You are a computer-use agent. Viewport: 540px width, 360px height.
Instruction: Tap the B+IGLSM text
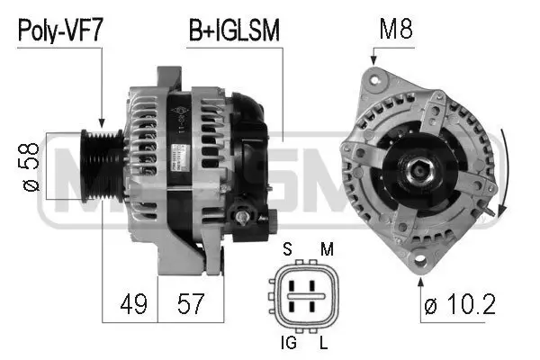click(234, 32)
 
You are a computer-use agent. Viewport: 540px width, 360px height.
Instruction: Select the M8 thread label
click(396, 32)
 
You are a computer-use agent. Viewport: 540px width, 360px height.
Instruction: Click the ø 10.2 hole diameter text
click(459, 306)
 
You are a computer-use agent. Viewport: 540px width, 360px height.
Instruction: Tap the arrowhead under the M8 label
click(373, 62)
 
